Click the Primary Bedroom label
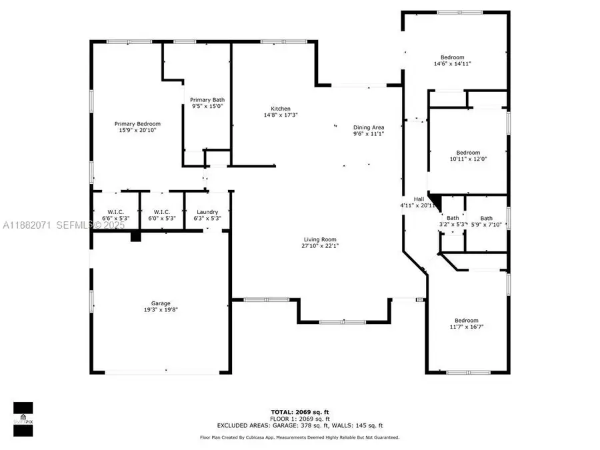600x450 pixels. tap(137, 123)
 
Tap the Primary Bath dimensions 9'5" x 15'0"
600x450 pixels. tap(207, 105)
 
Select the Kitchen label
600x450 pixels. tap(280, 109)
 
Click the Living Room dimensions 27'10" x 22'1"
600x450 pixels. tap(320, 246)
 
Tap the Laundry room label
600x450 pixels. tap(207, 211)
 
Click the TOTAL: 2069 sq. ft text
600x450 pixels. tap(299, 413)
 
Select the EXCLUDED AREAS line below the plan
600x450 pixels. tap(299, 425)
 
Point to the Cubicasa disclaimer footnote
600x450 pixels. tap(299, 437)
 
